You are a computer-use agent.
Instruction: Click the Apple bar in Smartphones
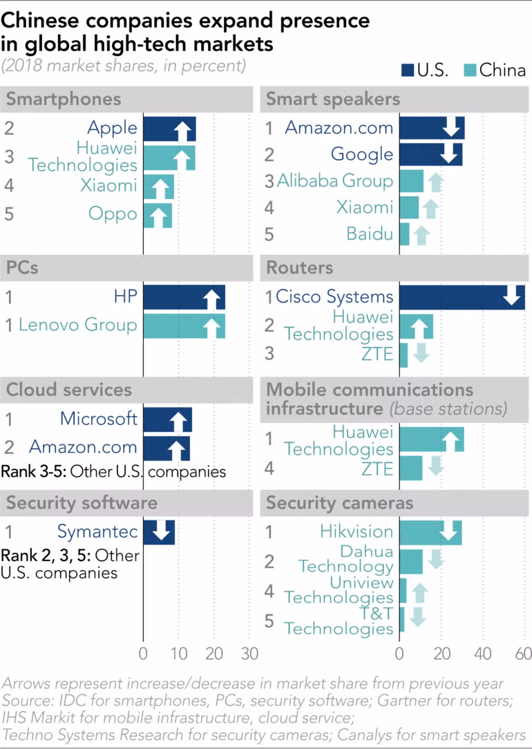[169, 129]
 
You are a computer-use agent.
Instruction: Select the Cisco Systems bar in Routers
[462, 297]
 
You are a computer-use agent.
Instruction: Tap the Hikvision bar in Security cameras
[430, 533]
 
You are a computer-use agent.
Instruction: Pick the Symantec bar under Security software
[159, 533]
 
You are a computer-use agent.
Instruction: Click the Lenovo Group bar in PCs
[184, 325]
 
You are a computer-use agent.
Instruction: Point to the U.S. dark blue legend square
[408, 70]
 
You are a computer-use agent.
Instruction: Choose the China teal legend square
[470, 70]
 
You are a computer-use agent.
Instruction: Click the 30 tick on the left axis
[249, 654]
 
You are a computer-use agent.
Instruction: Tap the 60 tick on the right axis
[523, 654]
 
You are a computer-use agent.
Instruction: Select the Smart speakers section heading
[333, 99]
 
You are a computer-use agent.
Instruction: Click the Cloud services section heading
[68, 390]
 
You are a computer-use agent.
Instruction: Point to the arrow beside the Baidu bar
[420, 235]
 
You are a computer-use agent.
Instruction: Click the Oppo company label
[113, 214]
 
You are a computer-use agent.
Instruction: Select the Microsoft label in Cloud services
[98, 419]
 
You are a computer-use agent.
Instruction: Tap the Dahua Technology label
[345, 559]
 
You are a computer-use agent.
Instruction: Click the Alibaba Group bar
[411, 181]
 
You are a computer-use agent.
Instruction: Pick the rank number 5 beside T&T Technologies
[269, 621]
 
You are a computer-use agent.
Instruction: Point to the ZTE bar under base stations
[410, 468]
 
